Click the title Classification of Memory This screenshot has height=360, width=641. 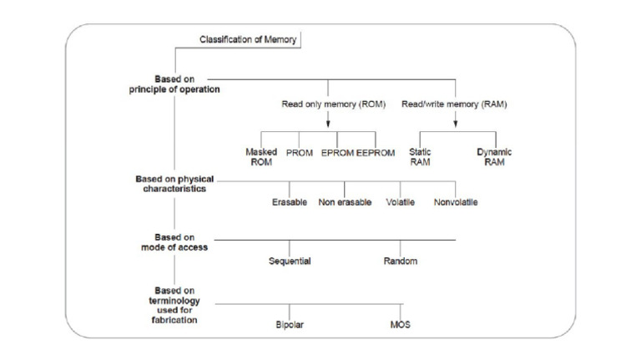coord(248,39)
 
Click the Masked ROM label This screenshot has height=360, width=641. coord(261,157)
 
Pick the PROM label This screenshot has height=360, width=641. coord(299,154)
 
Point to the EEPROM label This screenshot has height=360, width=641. coord(376,154)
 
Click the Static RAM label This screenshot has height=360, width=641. coord(420,157)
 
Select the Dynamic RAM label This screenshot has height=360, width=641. coord(494,157)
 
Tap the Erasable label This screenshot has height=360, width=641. coord(290,202)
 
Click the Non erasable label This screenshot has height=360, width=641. coord(344,202)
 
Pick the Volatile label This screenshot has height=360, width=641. coord(401,202)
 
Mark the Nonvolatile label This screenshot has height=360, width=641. coord(456,202)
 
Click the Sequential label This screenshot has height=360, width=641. coord(290,261)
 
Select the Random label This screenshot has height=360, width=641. coord(401,261)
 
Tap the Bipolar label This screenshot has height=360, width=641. coord(290,324)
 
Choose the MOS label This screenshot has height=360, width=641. coord(401,324)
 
